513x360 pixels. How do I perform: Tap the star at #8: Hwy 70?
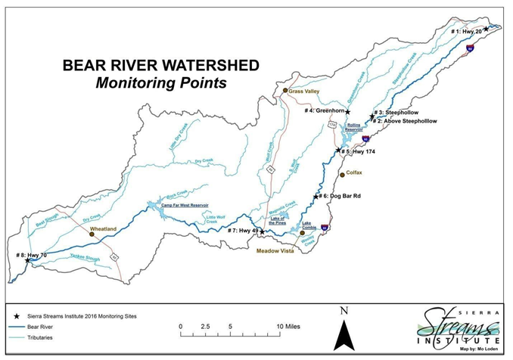click(27, 260)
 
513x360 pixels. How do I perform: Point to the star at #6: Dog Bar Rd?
click(316, 197)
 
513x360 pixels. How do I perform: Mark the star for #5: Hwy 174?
click(339, 151)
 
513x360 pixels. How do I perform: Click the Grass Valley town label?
click(305, 92)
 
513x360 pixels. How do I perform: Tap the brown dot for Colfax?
click(342, 174)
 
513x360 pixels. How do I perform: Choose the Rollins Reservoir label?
click(355, 127)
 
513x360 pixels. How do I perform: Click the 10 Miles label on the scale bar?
click(288, 325)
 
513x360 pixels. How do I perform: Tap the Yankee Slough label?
click(79, 259)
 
